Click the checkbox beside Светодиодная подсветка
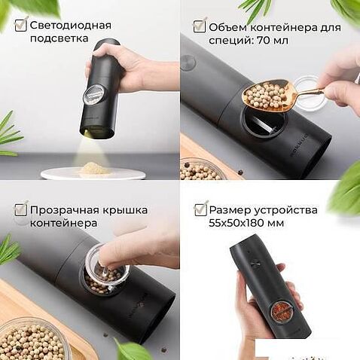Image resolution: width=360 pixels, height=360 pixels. click(x=20, y=25)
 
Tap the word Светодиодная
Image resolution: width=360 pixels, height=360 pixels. click(x=71, y=26)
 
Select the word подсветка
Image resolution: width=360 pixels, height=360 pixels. click(x=59, y=38)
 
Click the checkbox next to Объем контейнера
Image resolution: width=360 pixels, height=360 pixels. click(x=200, y=26)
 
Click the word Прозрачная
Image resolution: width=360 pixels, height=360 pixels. click(x=65, y=210)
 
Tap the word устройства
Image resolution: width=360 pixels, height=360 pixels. click(x=285, y=210)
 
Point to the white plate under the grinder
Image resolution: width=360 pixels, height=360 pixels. click(x=93, y=173)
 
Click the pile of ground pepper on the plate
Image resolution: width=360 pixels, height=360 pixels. click(x=95, y=169)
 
